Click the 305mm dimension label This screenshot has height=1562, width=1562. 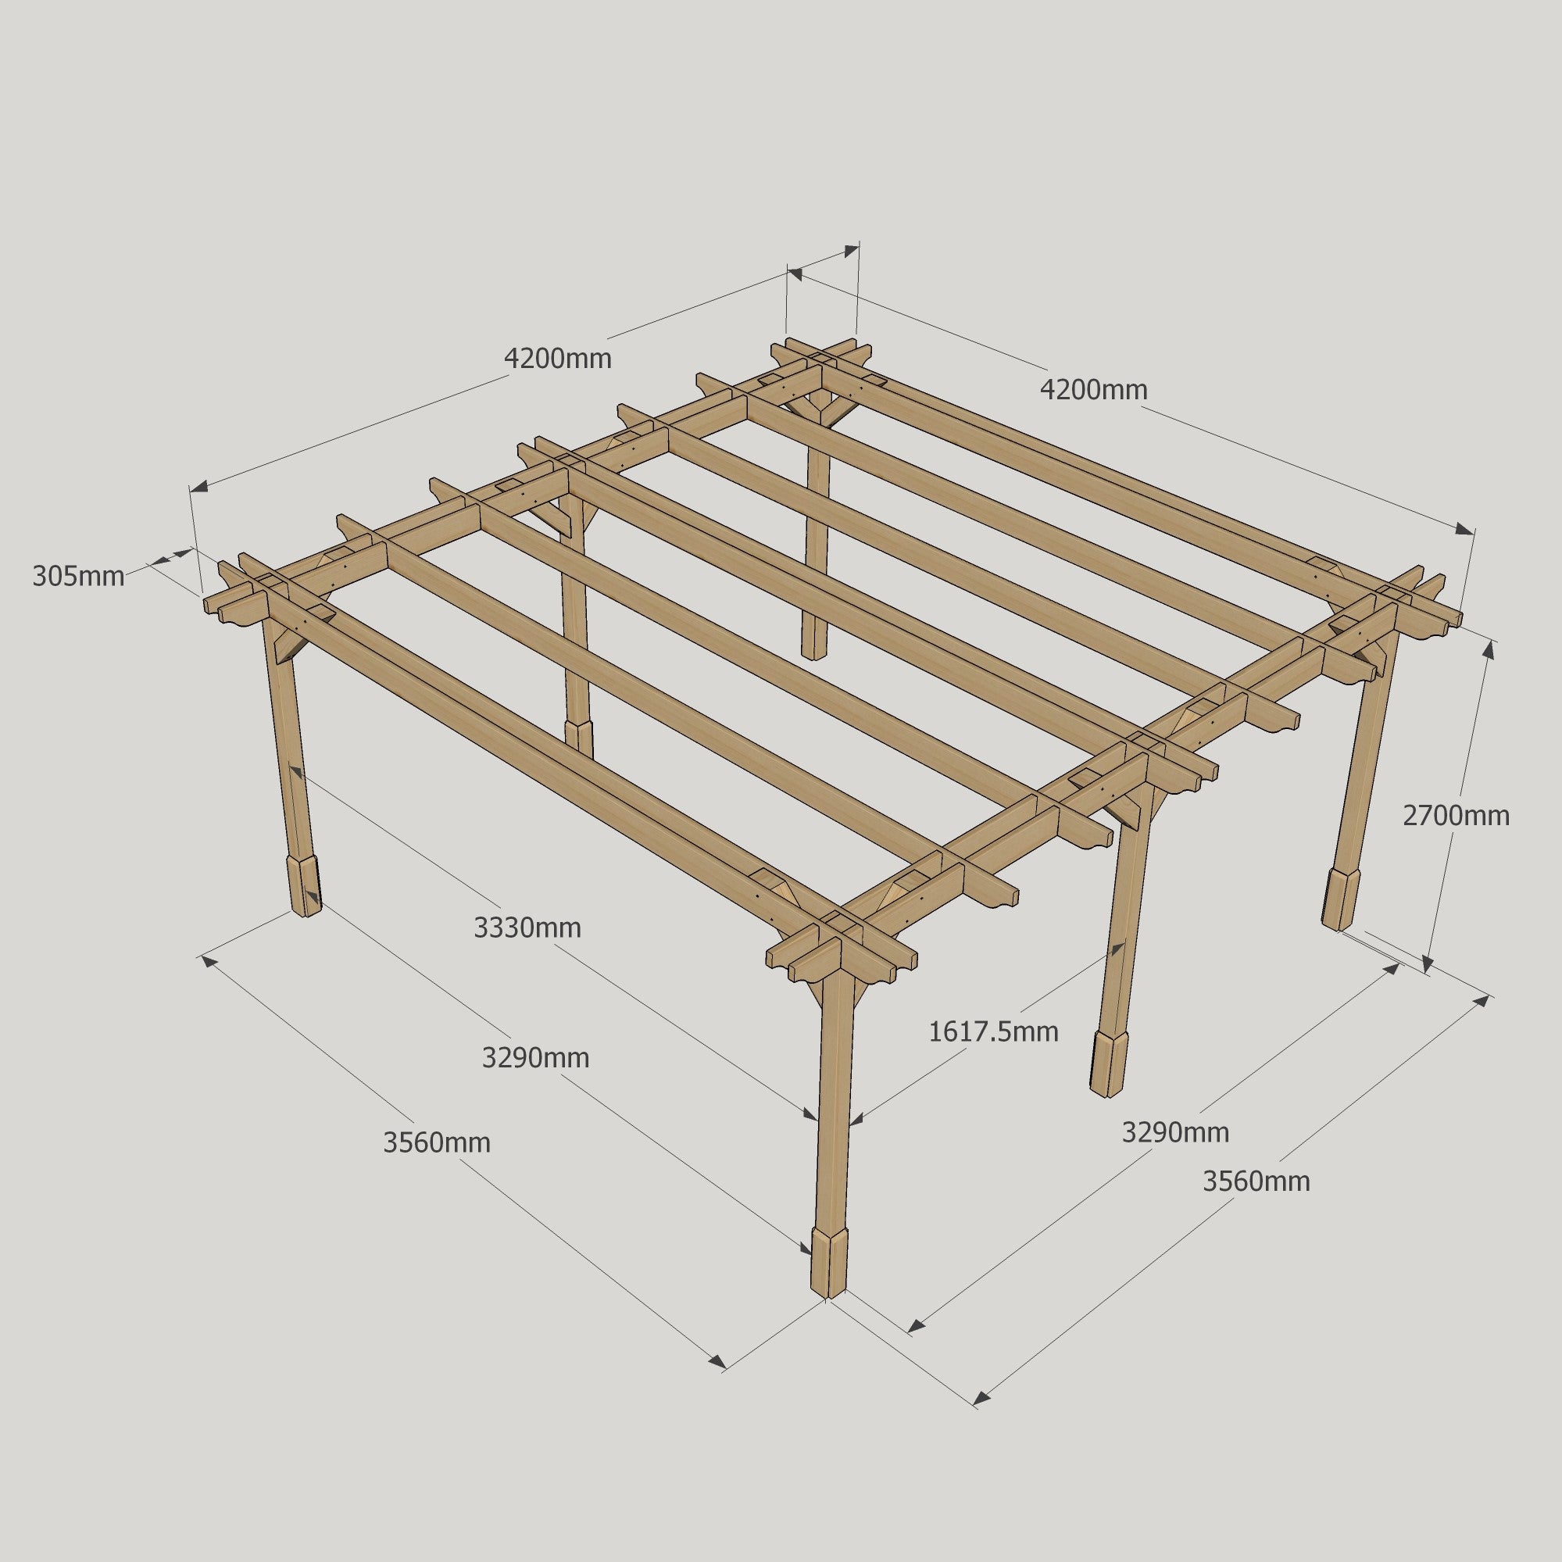(x=78, y=577)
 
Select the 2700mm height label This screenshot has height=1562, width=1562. (x=1455, y=816)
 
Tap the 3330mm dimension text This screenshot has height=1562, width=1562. (x=527, y=928)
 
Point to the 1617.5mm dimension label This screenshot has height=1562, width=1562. (x=993, y=1031)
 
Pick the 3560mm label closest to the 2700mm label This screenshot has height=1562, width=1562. (x=1256, y=1181)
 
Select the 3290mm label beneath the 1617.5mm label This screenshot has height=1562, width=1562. (x=1174, y=1132)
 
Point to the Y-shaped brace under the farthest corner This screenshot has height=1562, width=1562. (x=819, y=403)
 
